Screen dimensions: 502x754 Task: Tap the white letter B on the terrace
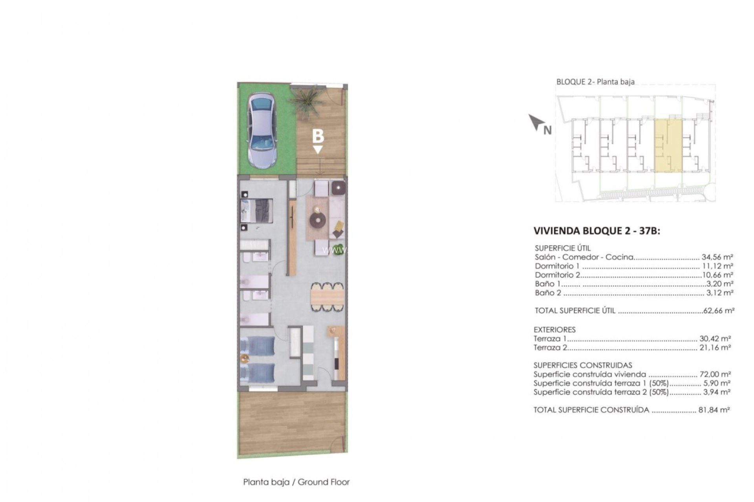click(x=318, y=136)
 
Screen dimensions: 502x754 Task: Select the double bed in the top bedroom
click(x=257, y=211)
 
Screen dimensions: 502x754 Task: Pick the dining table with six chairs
click(x=327, y=297)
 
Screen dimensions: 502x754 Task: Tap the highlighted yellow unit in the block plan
click(x=668, y=146)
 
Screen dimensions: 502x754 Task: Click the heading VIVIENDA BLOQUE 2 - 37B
click(x=597, y=231)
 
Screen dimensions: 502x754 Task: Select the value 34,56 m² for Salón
click(x=717, y=257)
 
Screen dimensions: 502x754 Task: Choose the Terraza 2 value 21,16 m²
click(x=715, y=347)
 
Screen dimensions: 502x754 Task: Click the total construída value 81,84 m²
click(x=714, y=410)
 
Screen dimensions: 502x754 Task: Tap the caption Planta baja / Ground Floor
click(x=296, y=482)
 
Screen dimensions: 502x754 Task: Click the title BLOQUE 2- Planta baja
click(x=595, y=82)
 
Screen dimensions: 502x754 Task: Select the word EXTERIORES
click(x=555, y=329)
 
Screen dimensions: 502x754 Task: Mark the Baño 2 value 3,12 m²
click(x=719, y=293)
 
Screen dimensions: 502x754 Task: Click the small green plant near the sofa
click(x=337, y=250)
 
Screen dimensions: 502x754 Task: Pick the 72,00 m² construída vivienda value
click(x=715, y=374)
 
